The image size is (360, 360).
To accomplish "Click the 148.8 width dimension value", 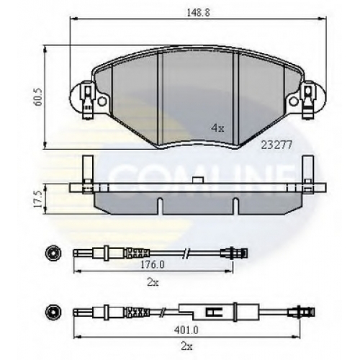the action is click(x=198, y=12).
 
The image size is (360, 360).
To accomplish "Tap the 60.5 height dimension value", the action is click(x=38, y=97).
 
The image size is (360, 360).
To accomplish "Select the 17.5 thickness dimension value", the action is click(x=38, y=199).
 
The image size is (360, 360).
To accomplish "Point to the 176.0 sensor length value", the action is click(x=153, y=265).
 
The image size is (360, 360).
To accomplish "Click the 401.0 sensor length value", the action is click(x=186, y=330).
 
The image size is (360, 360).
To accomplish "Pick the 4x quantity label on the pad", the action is click(x=217, y=128).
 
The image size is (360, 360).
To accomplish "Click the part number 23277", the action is click(x=276, y=145).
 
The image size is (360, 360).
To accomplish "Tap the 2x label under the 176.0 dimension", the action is click(x=153, y=282).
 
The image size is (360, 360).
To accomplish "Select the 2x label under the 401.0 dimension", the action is click(x=186, y=346).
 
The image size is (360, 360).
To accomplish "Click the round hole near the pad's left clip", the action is click(x=102, y=102).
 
